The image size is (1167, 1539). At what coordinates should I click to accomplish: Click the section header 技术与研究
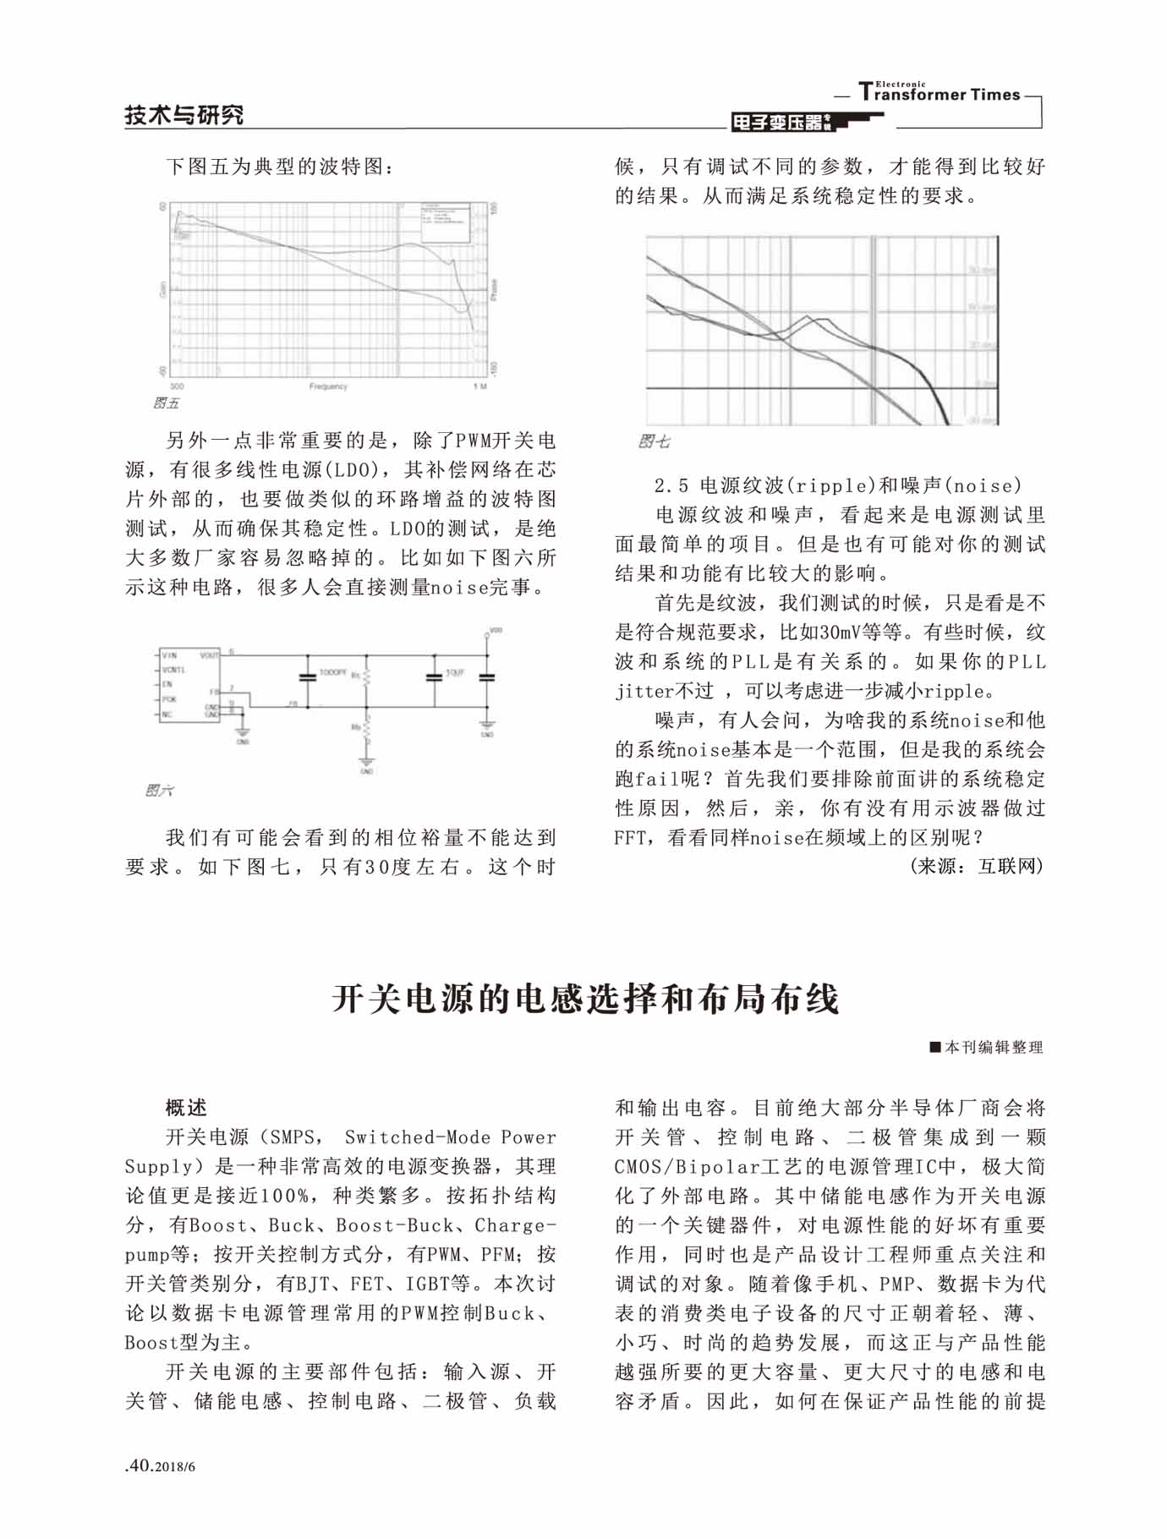pyautogui.click(x=184, y=115)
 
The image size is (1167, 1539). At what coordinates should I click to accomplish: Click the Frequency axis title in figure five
pyautogui.click(x=328, y=386)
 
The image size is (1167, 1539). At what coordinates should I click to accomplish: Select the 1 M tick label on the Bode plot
pyautogui.click(x=479, y=386)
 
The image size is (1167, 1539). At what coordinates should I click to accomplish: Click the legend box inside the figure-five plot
pyautogui.click(x=445, y=222)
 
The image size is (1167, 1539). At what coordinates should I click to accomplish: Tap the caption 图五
pyautogui.click(x=166, y=403)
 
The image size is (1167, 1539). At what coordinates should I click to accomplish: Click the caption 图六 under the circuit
pyautogui.click(x=159, y=791)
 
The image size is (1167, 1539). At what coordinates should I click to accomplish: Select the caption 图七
pyautogui.click(x=654, y=441)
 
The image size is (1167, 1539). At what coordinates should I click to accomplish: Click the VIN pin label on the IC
pyautogui.click(x=170, y=655)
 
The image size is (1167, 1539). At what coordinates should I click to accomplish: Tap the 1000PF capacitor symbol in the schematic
pyautogui.click(x=308, y=676)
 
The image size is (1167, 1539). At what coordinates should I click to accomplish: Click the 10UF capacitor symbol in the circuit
pyautogui.click(x=435, y=676)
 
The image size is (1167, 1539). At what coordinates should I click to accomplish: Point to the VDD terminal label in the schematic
pyautogui.click(x=496, y=631)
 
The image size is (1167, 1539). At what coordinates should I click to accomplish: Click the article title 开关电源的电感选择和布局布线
pyautogui.click(x=585, y=999)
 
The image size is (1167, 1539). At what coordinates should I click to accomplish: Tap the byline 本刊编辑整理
pyautogui.click(x=987, y=1047)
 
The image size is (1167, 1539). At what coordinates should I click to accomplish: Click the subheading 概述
pyautogui.click(x=186, y=1108)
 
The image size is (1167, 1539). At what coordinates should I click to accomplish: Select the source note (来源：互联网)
pyautogui.click(x=977, y=866)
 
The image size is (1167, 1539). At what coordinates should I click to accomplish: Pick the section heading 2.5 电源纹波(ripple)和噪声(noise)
pyautogui.click(x=838, y=485)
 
